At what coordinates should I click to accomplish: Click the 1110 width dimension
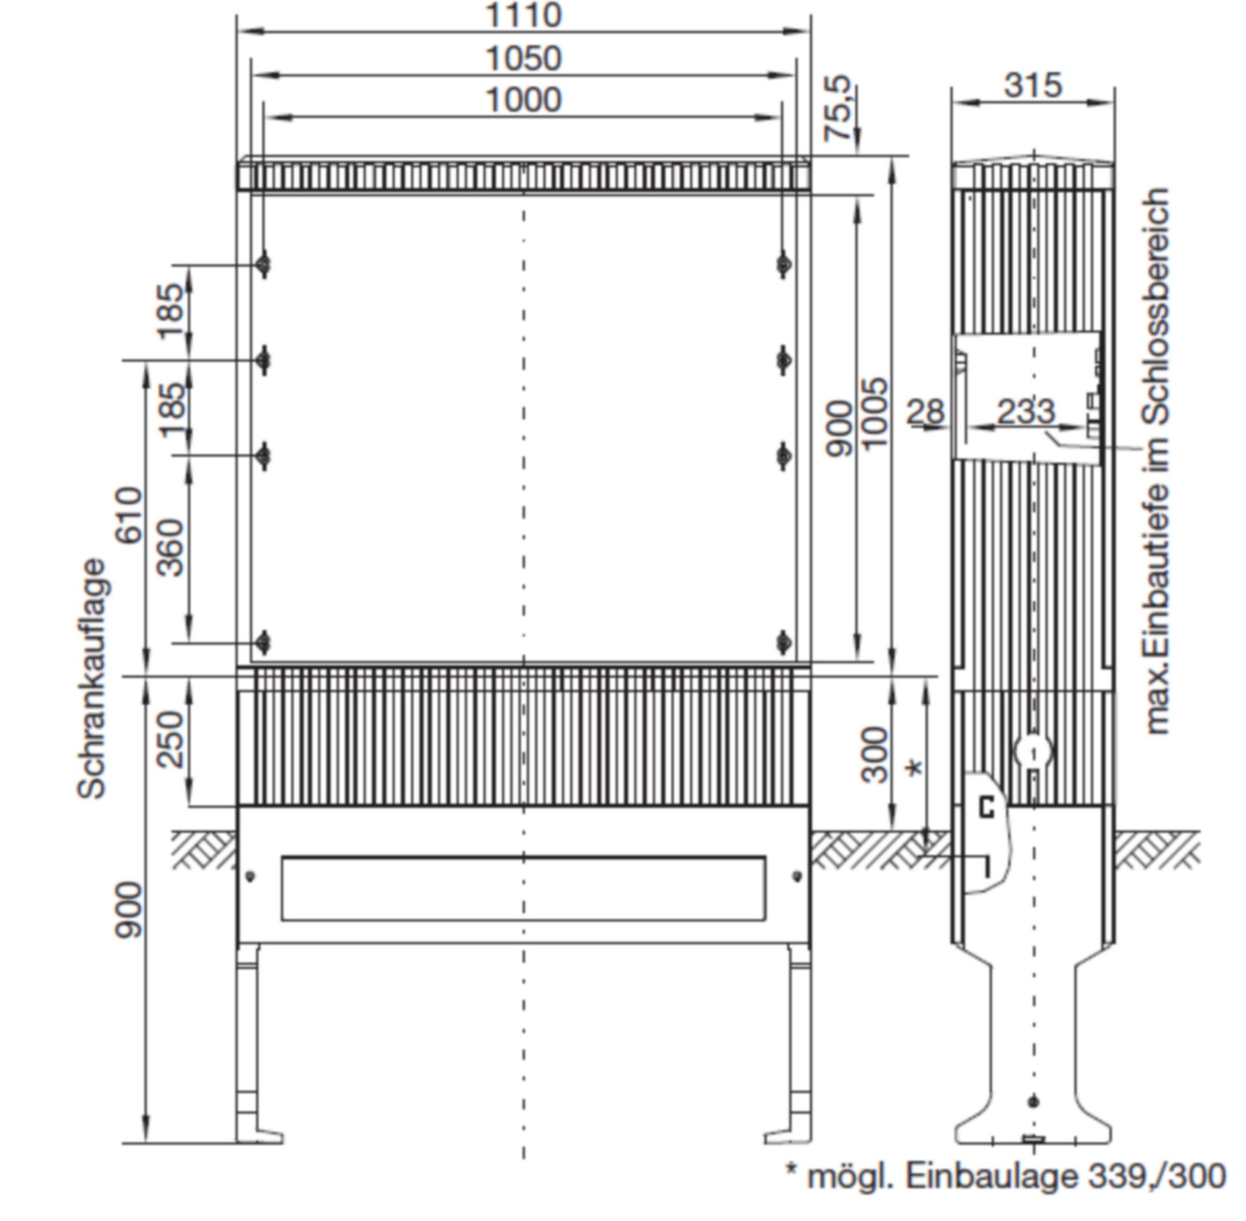(x=524, y=15)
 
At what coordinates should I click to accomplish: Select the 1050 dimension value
(x=524, y=58)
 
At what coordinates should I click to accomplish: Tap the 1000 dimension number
(x=524, y=100)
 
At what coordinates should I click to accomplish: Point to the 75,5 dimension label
(x=838, y=108)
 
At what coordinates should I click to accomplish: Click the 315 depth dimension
(x=1033, y=85)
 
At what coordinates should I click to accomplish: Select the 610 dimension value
(x=129, y=516)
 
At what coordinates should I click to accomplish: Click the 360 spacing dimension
(x=171, y=548)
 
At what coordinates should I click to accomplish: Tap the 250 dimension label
(x=171, y=739)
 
